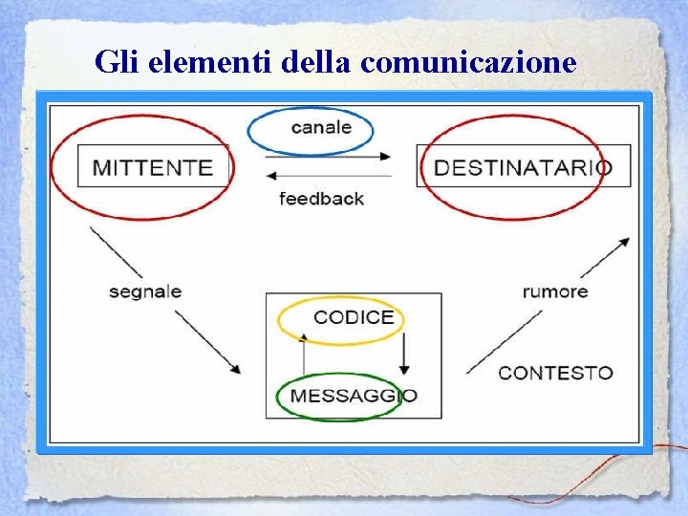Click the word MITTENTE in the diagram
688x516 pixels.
[x=153, y=167]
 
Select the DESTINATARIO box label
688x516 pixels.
[x=522, y=167]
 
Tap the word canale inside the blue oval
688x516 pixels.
[x=321, y=127]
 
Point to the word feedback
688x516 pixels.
[x=321, y=199]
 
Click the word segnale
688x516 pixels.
[x=145, y=291]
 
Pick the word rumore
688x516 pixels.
[x=555, y=291]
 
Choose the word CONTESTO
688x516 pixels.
[x=555, y=373]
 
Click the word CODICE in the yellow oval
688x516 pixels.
[x=353, y=317]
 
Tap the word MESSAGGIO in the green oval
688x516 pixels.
[x=353, y=396]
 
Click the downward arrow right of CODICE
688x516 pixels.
[x=404, y=355]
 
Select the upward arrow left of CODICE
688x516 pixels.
[x=303, y=355]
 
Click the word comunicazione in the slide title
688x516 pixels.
[x=470, y=62]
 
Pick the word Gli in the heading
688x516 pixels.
[x=116, y=62]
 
